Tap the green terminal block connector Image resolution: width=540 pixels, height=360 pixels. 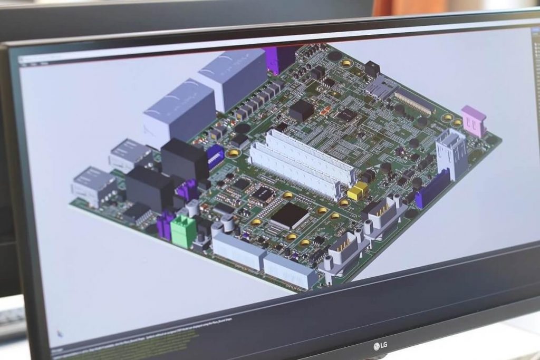pyautogui.click(x=183, y=230)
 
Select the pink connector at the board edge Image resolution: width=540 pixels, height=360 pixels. pyautogui.click(x=474, y=121)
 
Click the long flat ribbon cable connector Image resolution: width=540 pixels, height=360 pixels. pyautogui.click(x=414, y=102)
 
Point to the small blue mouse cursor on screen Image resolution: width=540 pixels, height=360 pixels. pyautogui.click(x=60, y=334)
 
